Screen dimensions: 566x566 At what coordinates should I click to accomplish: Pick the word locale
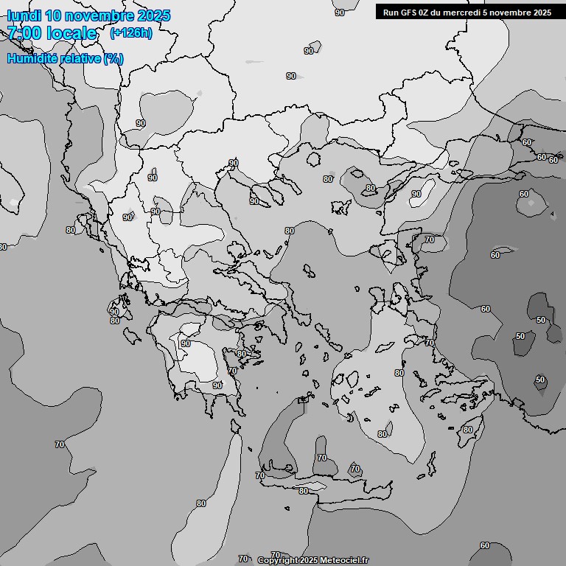point(71,33)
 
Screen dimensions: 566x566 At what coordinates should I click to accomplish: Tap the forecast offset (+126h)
point(130,33)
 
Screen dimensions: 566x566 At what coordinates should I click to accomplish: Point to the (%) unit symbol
point(113,58)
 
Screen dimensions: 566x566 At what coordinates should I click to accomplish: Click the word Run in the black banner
point(390,13)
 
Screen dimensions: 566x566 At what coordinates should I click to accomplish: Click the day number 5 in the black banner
point(490,13)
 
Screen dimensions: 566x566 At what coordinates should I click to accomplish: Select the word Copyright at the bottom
point(278,560)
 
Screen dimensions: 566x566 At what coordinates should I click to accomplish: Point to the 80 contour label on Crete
point(303,491)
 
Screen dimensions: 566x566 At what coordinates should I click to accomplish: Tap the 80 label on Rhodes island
point(467,430)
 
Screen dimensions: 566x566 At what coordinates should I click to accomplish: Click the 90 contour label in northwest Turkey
point(416,194)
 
